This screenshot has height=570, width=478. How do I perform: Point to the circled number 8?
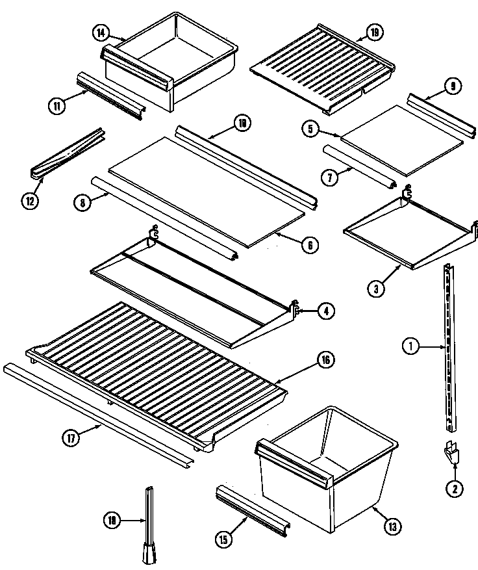tap(82, 203)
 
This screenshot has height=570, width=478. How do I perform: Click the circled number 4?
tap(326, 311)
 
